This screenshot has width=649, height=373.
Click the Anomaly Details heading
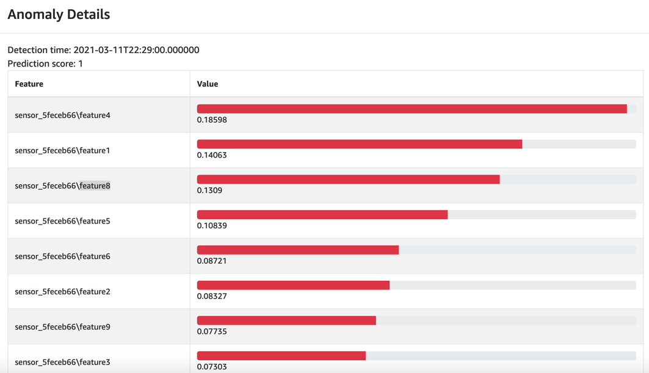pyautogui.click(x=59, y=15)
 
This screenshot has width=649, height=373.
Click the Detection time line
pyautogui.click(x=103, y=50)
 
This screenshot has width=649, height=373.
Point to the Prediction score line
pyautogui.click(x=45, y=63)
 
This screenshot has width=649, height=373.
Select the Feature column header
pyautogui.click(x=29, y=84)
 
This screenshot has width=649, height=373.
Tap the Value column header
pyautogui.click(x=207, y=84)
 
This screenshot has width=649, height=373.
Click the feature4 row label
pyautogui.click(x=62, y=115)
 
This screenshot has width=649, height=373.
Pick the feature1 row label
pyautogui.click(x=62, y=150)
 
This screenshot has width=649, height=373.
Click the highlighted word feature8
pyautogui.click(x=95, y=186)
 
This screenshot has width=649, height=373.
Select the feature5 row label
pyautogui.click(x=62, y=221)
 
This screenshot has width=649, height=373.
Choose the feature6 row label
pyautogui.click(x=62, y=256)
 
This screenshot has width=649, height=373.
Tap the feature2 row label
pyautogui.click(x=62, y=292)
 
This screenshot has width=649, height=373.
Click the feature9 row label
pyautogui.click(x=62, y=327)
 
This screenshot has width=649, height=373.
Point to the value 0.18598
pyautogui.click(x=212, y=120)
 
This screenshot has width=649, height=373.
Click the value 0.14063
pyautogui.click(x=212, y=156)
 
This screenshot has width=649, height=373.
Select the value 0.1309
pyautogui.click(x=209, y=190)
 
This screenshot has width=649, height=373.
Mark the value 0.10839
pyautogui.click(x=212, y=226)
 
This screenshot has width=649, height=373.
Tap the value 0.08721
pyautogui.click(x=212, y=261)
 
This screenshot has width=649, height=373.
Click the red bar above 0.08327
pyautogui.click(x=293, y=285)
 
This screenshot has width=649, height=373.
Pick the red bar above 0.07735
pyautogui.click(x=286, y=320)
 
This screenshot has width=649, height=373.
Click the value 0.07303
pyautogui.click(x=212, y=367)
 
